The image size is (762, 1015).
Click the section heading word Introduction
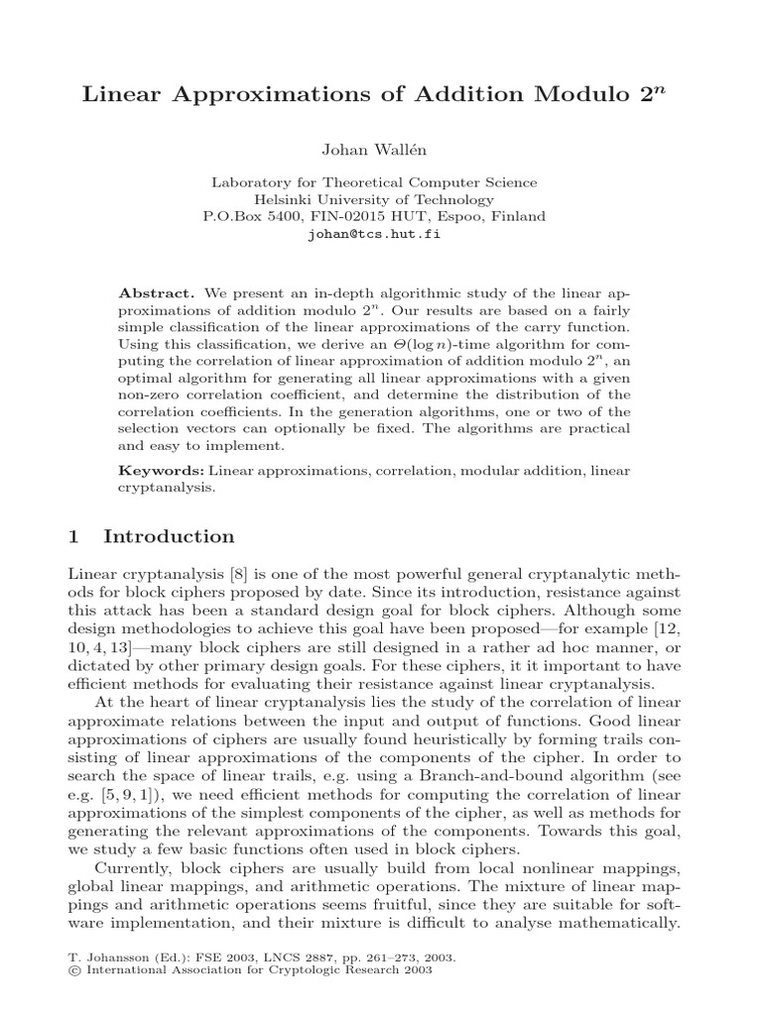pos(170,537)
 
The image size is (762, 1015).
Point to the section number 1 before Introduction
pos(73,537)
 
